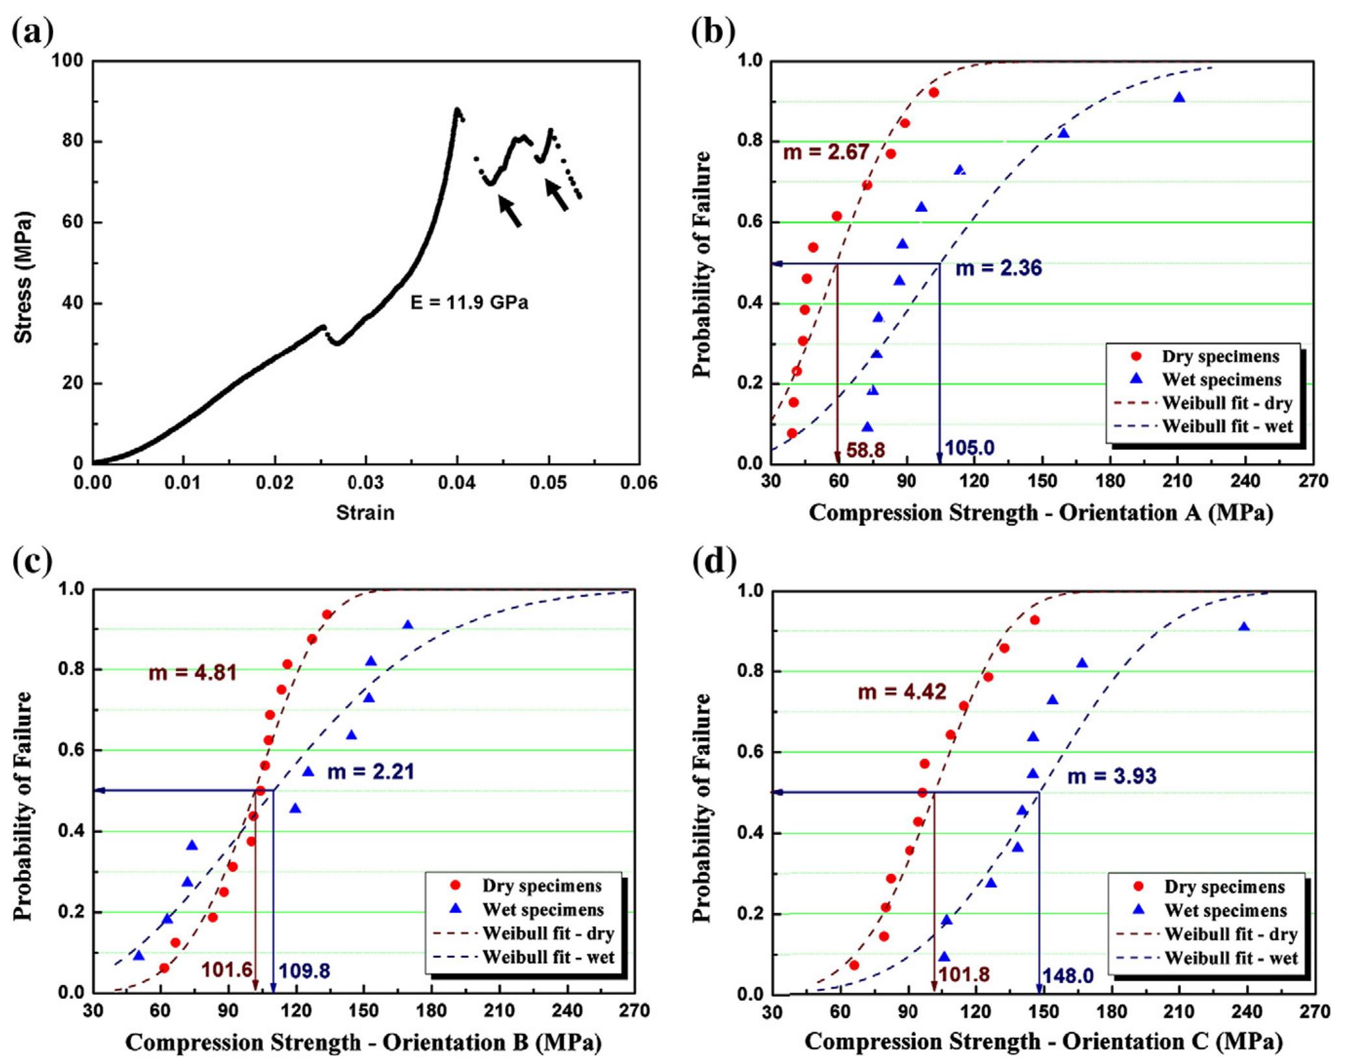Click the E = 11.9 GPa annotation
point(469,302)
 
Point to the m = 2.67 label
point(825,152)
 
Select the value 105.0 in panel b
point(969,447)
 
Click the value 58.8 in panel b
point(865,449)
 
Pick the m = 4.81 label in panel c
point(192,672)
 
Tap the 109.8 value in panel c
point(304,971)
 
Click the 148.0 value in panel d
point(1068,975)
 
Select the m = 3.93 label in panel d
point(1112,776)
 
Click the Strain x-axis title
point(365,512)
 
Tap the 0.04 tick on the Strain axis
point(457,483)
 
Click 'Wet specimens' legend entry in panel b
point(1222,380)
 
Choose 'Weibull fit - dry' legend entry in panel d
point(1230,934)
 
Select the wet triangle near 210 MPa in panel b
point(1179,98)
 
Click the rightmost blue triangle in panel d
point(1244,628)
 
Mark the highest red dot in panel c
point(327,615)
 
